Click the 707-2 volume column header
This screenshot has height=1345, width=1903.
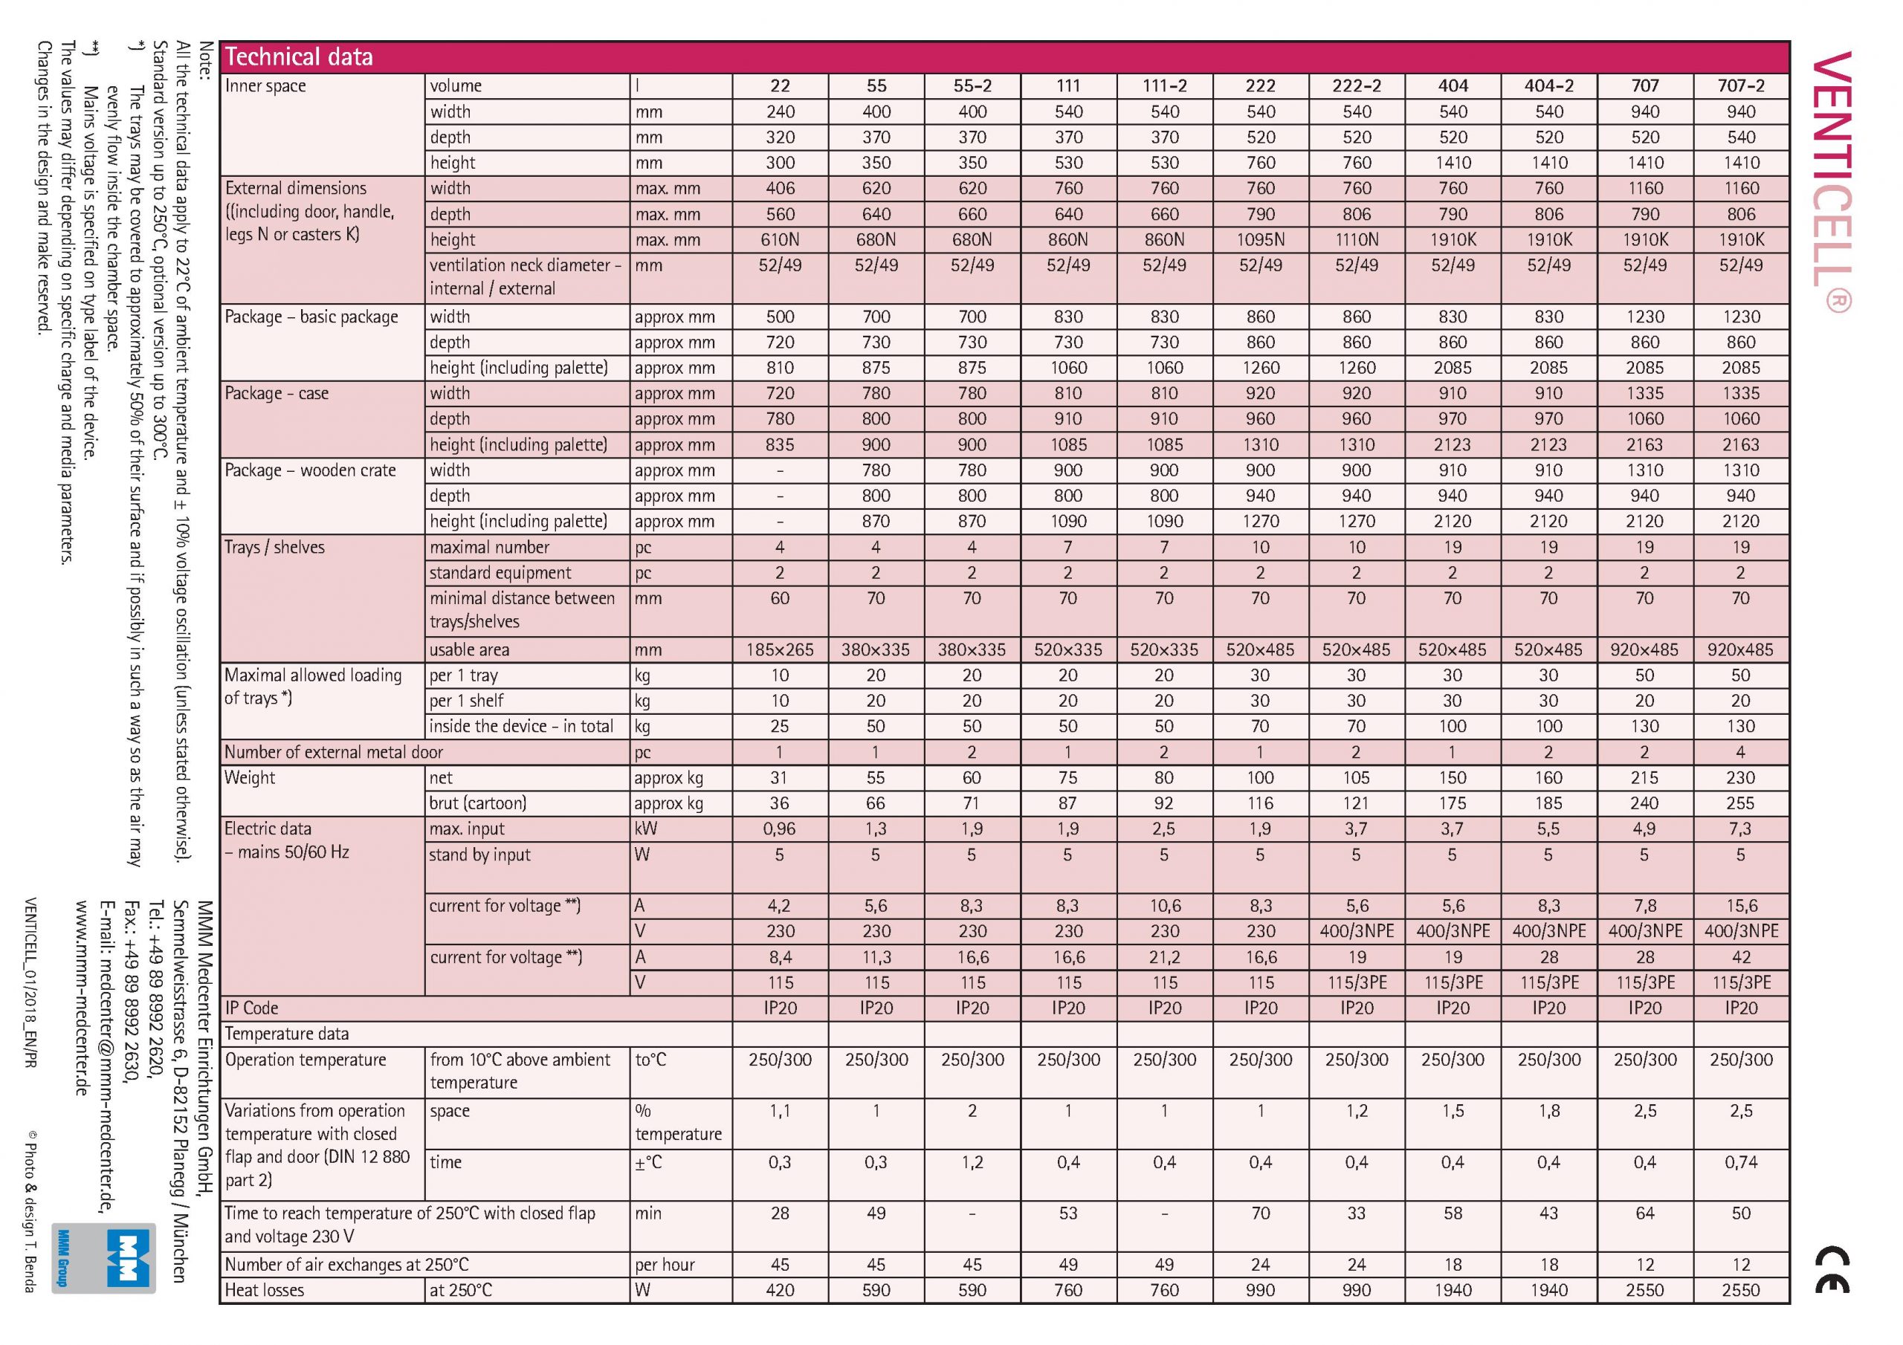pos(1740,86)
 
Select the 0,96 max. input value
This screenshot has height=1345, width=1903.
pos(779,829)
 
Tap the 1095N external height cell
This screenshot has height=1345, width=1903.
pos(1261,240)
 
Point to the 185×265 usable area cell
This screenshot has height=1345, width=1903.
pos(779,650)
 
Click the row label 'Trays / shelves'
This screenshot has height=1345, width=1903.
pos(274,548)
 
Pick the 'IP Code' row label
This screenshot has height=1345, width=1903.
pos(252,1008)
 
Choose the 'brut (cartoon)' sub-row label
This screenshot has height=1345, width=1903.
pos(477,804)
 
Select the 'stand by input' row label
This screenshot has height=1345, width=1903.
pos(479,855)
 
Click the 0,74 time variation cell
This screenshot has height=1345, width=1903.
pos(1740,1163)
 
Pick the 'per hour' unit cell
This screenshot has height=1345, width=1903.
pos(665,1265)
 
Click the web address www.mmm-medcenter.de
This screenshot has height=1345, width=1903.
pos(81,998)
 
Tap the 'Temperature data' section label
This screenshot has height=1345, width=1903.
pos(287,1034)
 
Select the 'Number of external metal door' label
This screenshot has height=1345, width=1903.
pos(334,753)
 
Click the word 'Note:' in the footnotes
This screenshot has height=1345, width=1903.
pos(207,62)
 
